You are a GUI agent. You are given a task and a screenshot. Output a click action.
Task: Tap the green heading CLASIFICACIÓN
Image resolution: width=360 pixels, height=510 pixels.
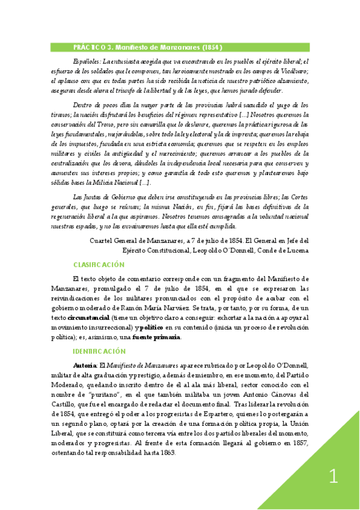(99, 265)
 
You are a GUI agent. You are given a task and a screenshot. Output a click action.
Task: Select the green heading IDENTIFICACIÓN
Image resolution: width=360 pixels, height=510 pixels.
(99, 351)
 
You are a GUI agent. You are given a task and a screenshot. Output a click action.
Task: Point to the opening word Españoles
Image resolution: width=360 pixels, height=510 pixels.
(86, 61)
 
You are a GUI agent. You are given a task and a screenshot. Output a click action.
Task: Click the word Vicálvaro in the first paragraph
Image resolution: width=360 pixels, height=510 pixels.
(291, 71)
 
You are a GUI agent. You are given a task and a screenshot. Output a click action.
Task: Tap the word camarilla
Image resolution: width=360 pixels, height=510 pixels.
(185, 124)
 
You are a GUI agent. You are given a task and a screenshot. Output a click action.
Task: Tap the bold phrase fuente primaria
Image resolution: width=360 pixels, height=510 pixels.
(156, 337)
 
